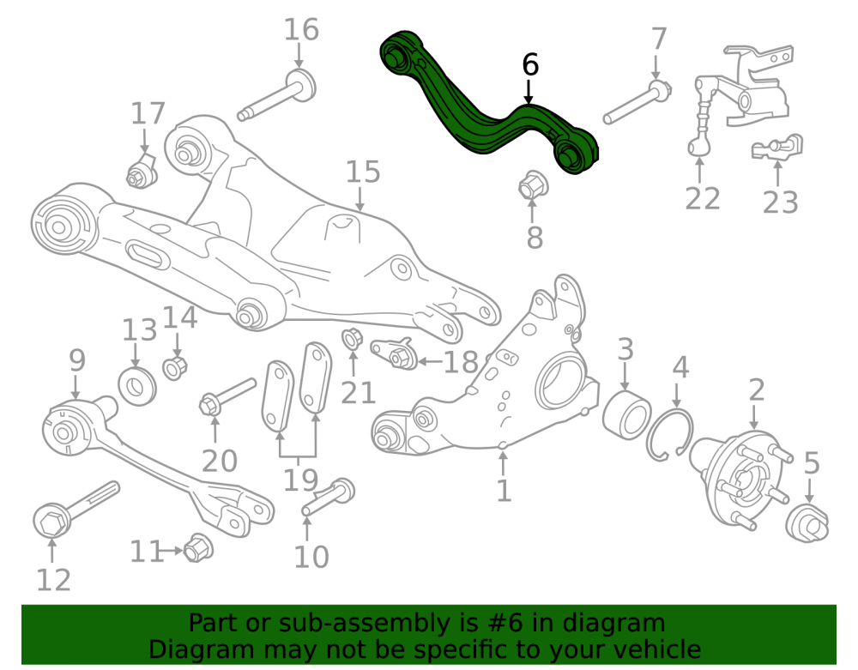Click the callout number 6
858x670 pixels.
pyautogui.click(x=530, y=64)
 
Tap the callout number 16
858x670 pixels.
pyautogui.click(x=301, y=29)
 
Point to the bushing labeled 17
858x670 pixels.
pyautogui.click(x=142, y=172)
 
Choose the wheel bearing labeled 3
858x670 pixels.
pyautogui.click(x=626, y=413)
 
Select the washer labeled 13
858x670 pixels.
pyautogui.click(x=136, y=387)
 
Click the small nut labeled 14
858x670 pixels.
pyautogui.click(x=175, y=367)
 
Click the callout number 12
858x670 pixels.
pyautogui.click(x=53, y=580)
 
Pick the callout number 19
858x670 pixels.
pyautogui.click(x=300, y=480)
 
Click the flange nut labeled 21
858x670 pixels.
pyautogui.click(x=352, y=339)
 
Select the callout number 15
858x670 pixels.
pyautogui.click(x=363, y=172)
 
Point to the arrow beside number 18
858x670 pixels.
pyautogui.click(x=430, y=361)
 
